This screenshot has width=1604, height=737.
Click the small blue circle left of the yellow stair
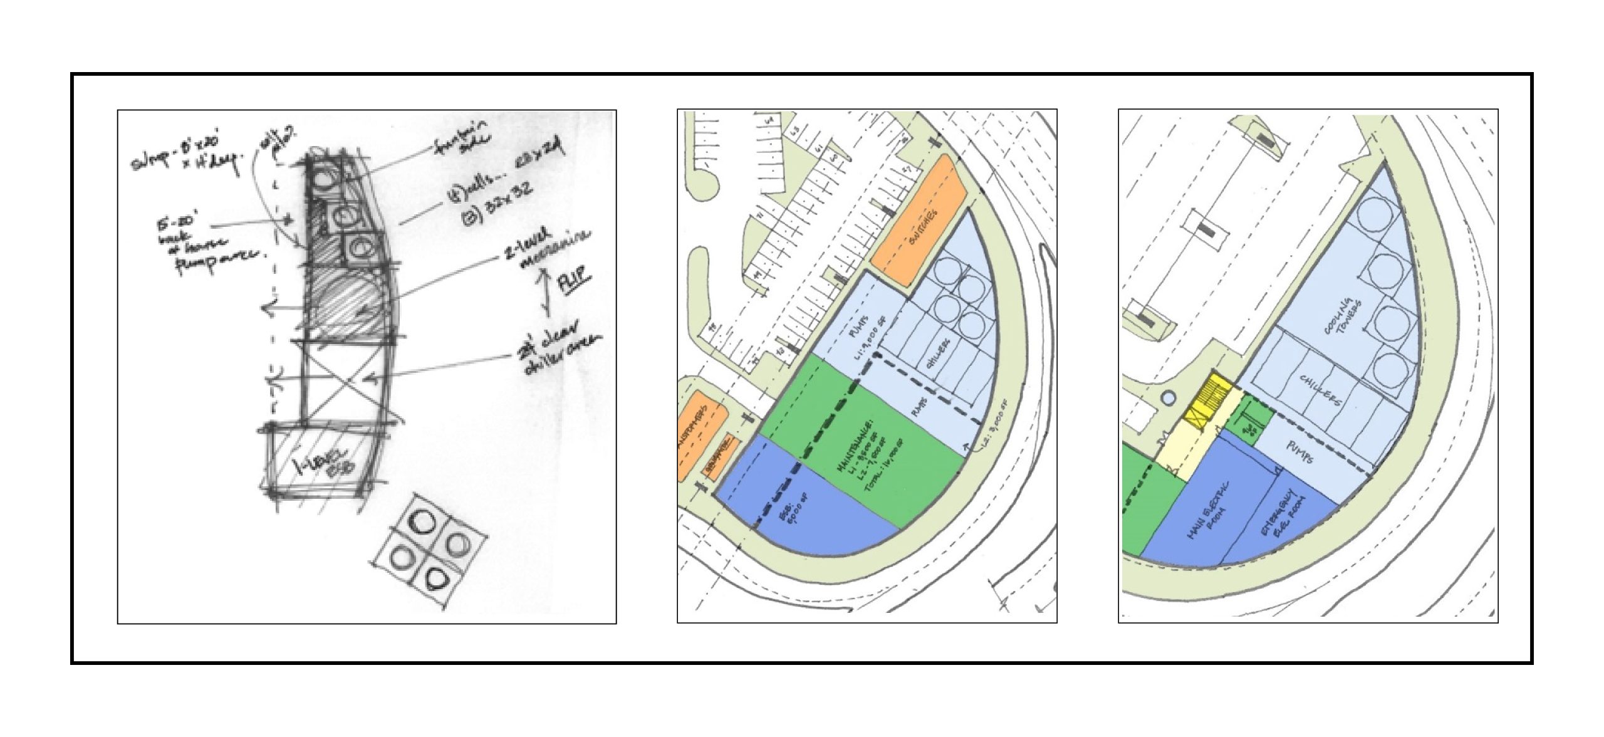click(x=1167, y=397)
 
